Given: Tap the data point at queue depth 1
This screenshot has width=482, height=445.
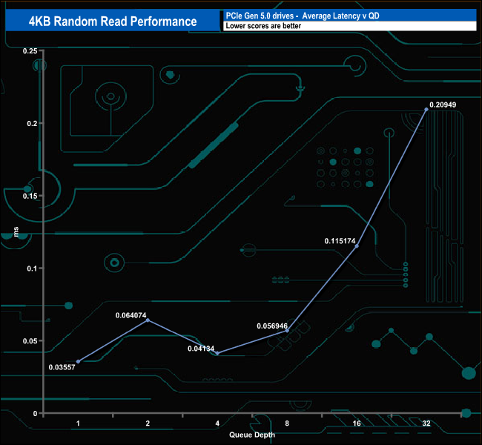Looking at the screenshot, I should coord(78,361).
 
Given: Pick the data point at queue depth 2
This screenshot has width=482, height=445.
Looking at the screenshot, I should coord(148,320).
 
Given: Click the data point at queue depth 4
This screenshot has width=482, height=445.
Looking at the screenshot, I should coord(217,353).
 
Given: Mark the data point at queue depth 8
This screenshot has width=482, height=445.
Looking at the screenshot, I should coord(287,330).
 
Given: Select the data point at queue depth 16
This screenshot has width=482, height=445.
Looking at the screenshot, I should coord(357,246).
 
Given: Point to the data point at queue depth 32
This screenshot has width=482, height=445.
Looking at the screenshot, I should coord(426,109).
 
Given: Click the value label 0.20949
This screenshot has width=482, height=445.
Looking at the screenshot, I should coord(443,105).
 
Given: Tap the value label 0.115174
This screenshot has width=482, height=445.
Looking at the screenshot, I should coord(341,241).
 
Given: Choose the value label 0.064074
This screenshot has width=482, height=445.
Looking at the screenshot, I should coord(132,315).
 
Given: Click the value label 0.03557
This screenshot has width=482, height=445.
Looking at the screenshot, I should coord(62,367).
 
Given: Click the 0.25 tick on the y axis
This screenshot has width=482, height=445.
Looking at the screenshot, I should coord(30,50).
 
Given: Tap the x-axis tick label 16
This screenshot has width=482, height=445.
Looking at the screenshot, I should coord(357,423).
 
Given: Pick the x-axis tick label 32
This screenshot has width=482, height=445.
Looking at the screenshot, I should coord(426,423).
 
